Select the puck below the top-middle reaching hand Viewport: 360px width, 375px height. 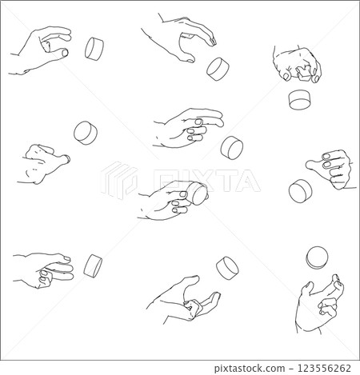(x=218, y=68)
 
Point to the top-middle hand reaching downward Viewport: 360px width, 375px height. (x=180, y=38)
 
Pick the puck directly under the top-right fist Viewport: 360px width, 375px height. (x=299, y=100)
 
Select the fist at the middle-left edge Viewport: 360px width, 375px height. (x=38, y=164)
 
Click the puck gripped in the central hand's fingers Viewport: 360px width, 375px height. (x=196, y=193)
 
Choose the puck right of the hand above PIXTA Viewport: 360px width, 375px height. (x=233, y=146)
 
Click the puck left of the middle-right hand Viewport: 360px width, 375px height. (x=300, y=190)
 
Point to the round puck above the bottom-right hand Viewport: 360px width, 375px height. (x=317, y=257)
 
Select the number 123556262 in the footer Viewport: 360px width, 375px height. (x=318, y=367)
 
